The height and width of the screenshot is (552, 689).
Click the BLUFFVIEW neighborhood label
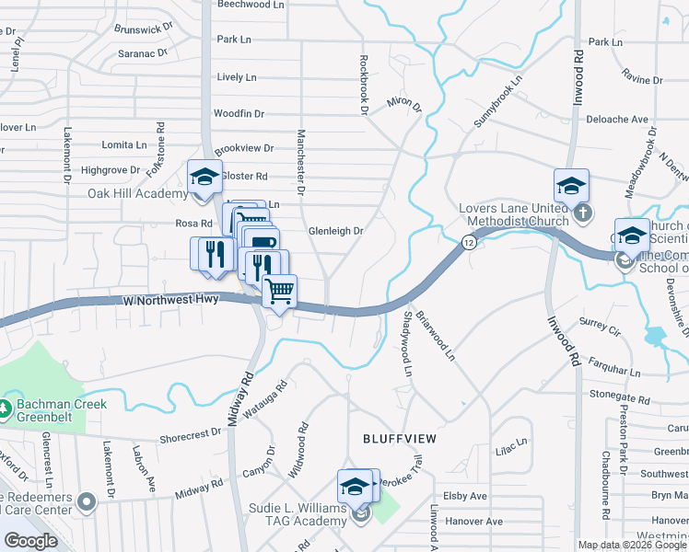[399, 440]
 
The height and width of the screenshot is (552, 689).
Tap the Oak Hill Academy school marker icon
[204, 176]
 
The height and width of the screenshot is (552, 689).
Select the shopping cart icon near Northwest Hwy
[279, 292]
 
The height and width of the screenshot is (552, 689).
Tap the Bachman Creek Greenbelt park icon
[7, 406]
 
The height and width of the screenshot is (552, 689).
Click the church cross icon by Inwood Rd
[582, 213]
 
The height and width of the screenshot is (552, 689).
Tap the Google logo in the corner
[31, 541]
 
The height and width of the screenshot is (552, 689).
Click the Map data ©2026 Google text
[631, 545]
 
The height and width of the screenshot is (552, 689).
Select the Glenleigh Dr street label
[335, 231]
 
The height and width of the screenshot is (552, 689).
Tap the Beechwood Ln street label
[251, 5]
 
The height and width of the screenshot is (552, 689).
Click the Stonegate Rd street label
[619, 397]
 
